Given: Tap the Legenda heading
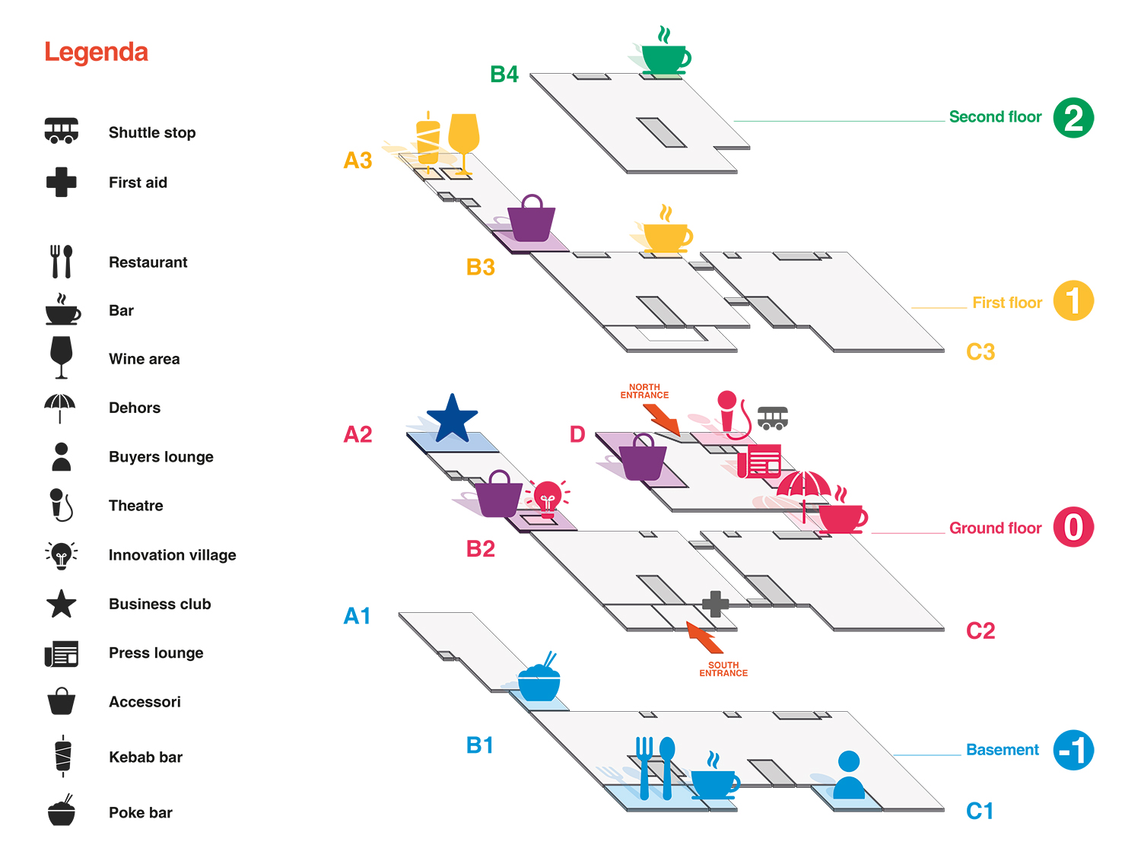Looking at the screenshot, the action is click(x=96, y=52).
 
